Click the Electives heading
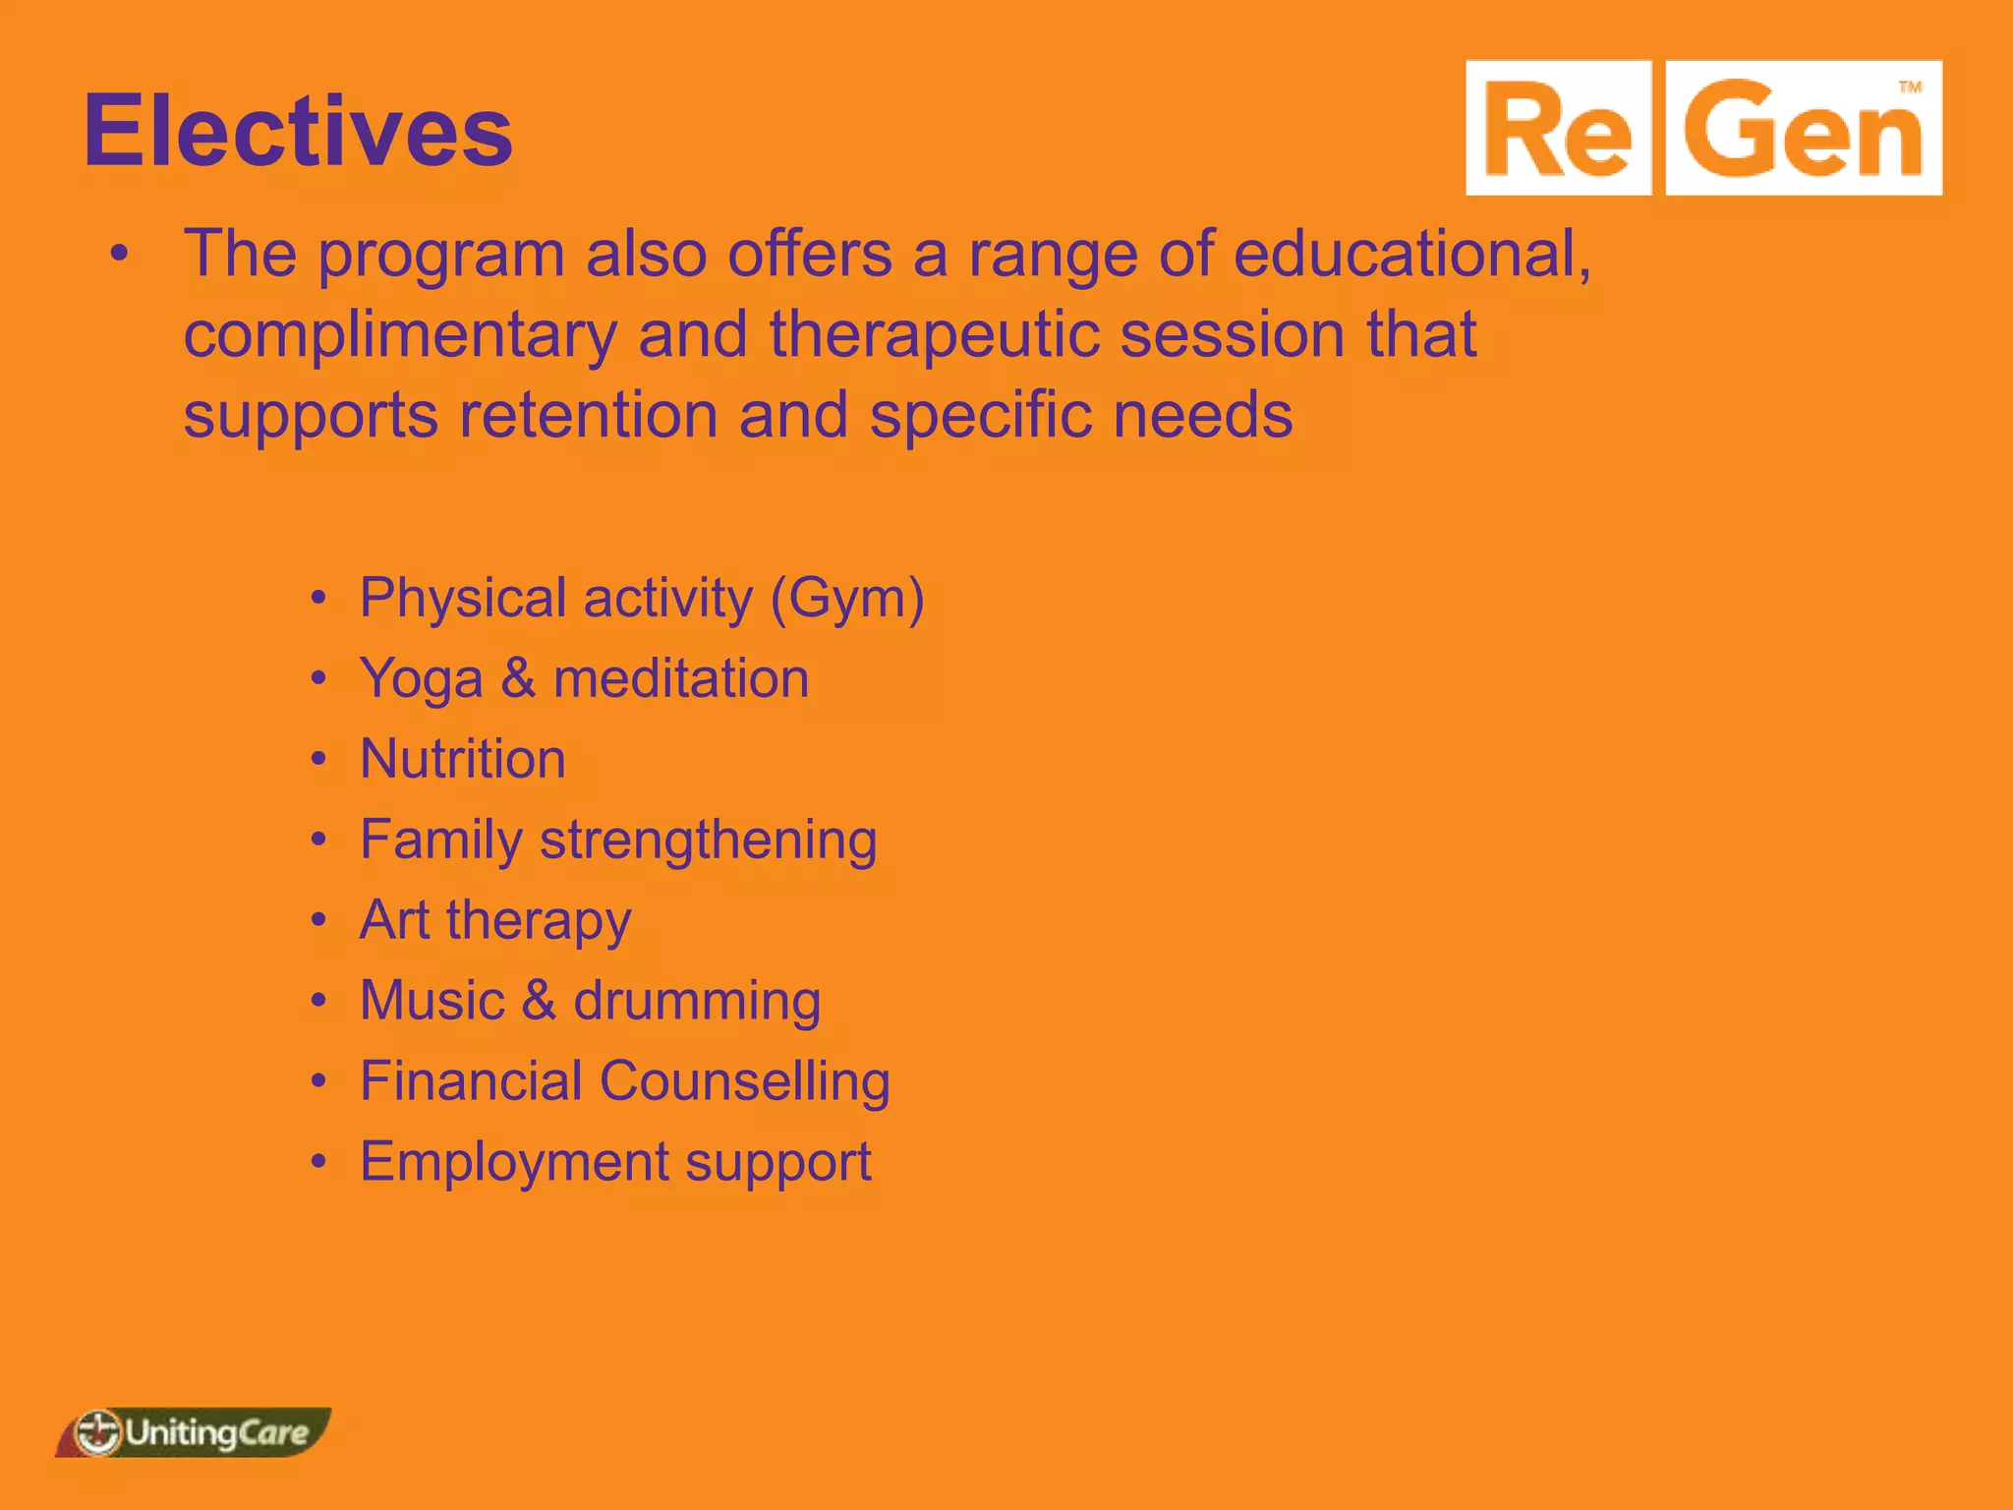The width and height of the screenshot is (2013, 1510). pyautogui.click(x=298, y=131)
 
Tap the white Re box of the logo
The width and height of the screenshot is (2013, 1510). pyautogui.click(x=1558, y=129)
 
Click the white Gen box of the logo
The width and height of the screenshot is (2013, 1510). pyautogui.click(x=1804, y=129)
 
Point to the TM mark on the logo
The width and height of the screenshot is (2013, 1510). pyautogui.click(x=1909, y=87)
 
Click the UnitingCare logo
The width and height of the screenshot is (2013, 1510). pyautogui.click(x=194, y=1432)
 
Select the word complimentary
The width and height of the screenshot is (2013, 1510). pyautogui.click(x=400, y=336)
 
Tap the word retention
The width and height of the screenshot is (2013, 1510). pyautogui.click(x=588, y=415)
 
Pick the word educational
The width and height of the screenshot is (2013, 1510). pyautogui.click(x=1410, y=254)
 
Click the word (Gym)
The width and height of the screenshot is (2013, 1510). pyautogui.click(x=847, y=598)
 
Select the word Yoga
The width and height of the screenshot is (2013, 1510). pyautogui.click(x=421, y=679)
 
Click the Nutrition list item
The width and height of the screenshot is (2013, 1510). pyautogui.click(x=462, y=759)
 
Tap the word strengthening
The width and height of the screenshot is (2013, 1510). pyautogui.click(x=709, y=841)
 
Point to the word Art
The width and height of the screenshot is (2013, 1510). pyautogui.click(x=394, y=920)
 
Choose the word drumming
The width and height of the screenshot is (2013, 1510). pyautogui.click(x=697, y=1002)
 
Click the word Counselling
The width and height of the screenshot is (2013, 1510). pyautogui.click(x=744, y=1081)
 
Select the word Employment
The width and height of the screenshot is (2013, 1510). pyautogui.click(x=513, y=1163)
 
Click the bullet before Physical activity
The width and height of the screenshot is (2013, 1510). pyautogui.click(x=317, y=599)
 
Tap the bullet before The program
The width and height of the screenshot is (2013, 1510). pyautogui.click(x=119, y=255)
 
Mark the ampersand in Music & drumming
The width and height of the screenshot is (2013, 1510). pyautogui.click(x=539, y=1001)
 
